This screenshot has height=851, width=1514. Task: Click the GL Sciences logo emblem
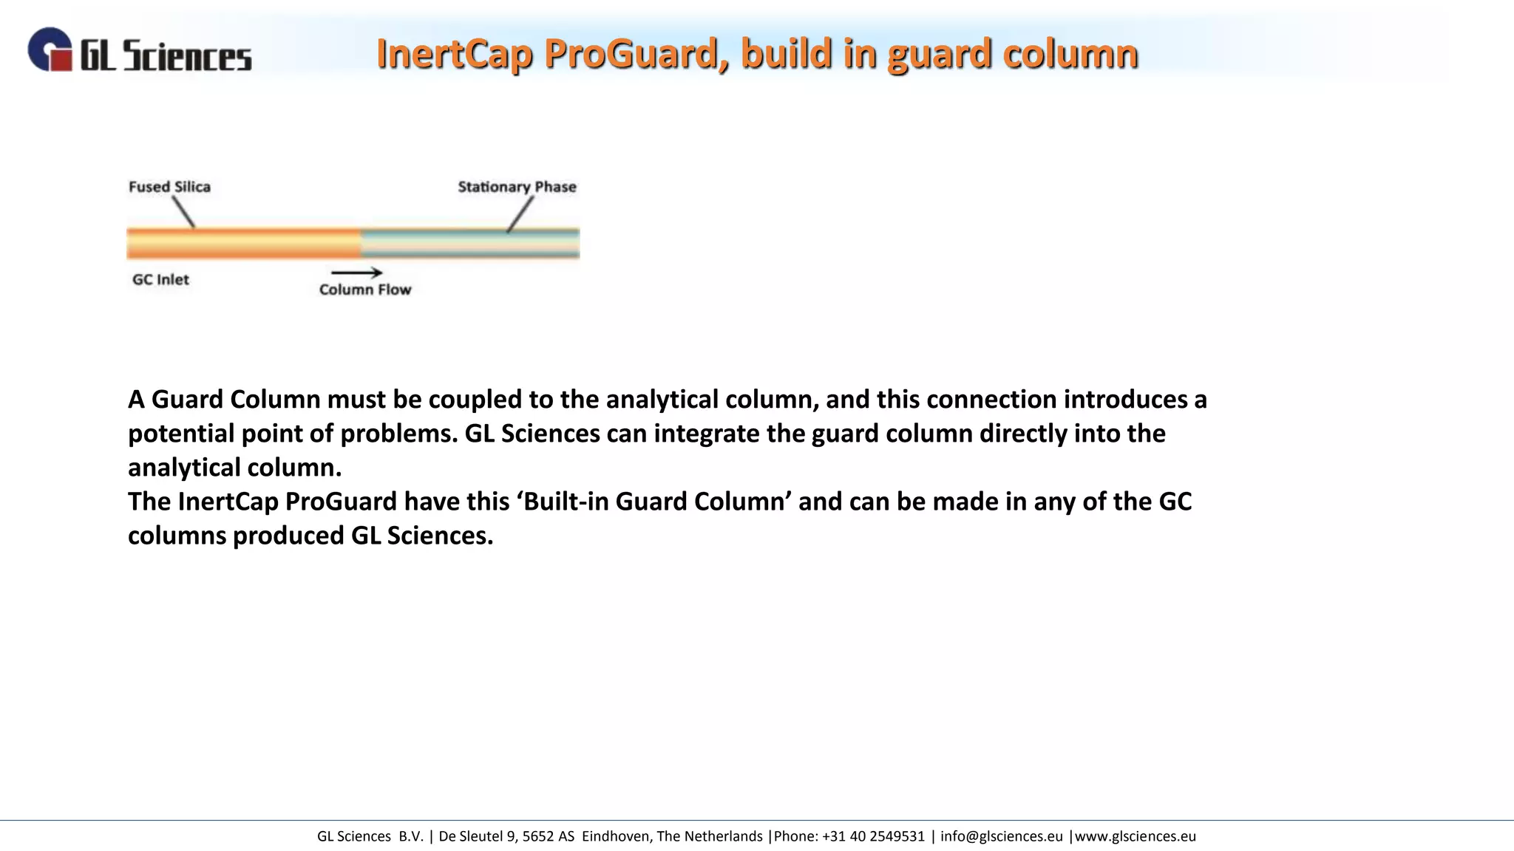(50, 49)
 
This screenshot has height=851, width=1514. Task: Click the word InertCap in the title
(455, 54)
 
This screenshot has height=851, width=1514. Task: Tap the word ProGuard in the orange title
(637, 54)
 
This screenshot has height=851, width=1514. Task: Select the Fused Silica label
(169, 187)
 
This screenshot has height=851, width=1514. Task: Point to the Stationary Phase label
(517, 187)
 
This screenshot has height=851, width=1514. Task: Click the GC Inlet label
(160, 280)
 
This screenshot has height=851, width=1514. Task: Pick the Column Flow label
(365, 290)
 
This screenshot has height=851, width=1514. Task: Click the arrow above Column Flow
(356, 273)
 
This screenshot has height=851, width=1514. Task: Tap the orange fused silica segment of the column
(244, 244)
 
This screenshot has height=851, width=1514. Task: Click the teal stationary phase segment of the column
(470, 244)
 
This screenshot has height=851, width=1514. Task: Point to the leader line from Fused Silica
(183, 213)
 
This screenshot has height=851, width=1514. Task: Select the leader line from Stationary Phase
(520, 214)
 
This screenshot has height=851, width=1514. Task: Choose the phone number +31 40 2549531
(873, 836)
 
